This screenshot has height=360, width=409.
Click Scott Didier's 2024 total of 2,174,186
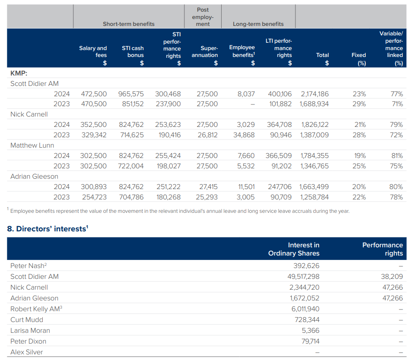click(314, 94)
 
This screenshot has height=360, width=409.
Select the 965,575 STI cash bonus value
click(131, 94)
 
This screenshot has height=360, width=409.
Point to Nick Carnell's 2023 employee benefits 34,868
click(246, 135)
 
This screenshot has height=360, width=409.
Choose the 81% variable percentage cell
click(396, 155)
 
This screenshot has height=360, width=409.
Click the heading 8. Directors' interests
click(48, 229)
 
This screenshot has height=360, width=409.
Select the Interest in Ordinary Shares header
click(294, 249)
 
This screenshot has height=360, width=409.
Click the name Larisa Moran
click(30, 330)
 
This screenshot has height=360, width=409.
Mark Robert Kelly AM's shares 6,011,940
click(305, 309)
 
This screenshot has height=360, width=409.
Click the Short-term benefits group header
click(128, 24)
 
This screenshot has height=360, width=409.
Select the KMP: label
click(19, 73)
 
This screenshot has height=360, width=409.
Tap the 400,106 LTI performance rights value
click(279, 94)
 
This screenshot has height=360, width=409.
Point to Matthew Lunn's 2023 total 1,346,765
click(314, 166)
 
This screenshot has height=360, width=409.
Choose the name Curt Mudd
click(27, 319)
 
